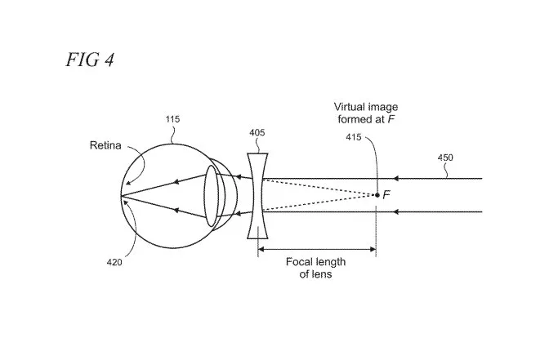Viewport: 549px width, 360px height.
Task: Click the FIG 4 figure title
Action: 90,60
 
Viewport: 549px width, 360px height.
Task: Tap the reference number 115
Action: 172,119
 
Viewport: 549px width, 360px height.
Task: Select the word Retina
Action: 105,145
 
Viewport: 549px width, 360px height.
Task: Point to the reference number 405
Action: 257,132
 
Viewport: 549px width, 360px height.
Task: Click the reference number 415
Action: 354,137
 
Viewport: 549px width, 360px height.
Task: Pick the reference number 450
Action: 445,158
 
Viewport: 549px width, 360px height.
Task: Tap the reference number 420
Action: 114,262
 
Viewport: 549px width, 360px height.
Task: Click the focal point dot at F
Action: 377,195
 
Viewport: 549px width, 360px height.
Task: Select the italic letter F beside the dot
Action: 386,194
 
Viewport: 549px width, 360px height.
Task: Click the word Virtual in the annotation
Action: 349,107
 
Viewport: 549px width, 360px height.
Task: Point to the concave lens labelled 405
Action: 257,196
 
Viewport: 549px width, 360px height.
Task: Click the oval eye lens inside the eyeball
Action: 211,196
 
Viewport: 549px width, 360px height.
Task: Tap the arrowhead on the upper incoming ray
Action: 396,179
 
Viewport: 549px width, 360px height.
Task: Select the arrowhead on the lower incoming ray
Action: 396,211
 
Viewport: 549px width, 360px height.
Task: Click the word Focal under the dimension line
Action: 299,262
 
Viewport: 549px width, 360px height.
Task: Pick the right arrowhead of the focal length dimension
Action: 373,250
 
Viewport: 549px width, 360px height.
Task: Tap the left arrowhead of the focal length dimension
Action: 261,250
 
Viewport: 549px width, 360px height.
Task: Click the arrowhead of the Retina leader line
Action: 128,182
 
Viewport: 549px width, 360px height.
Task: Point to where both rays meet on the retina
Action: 121,195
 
